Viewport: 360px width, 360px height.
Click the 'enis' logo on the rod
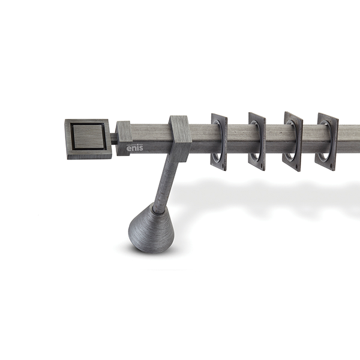coord(134,148)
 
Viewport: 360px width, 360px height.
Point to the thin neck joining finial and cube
coord(114,139)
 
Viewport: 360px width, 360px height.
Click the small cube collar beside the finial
coord(124,138)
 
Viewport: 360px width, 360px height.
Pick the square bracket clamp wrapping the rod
coord(181,139)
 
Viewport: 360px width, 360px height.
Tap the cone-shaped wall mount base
coord(152,229)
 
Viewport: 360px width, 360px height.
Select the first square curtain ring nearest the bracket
coord(219,142)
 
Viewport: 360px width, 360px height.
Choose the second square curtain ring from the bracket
coord(257,142)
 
